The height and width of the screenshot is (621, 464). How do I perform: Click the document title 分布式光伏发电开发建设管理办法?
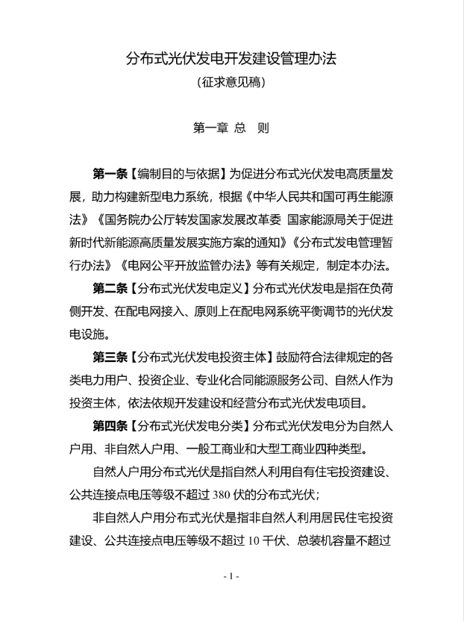[x=232, y=58]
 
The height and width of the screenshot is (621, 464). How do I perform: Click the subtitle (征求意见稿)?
[x=232, y=83]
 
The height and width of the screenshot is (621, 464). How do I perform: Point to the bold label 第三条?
[x=110, y=355]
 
